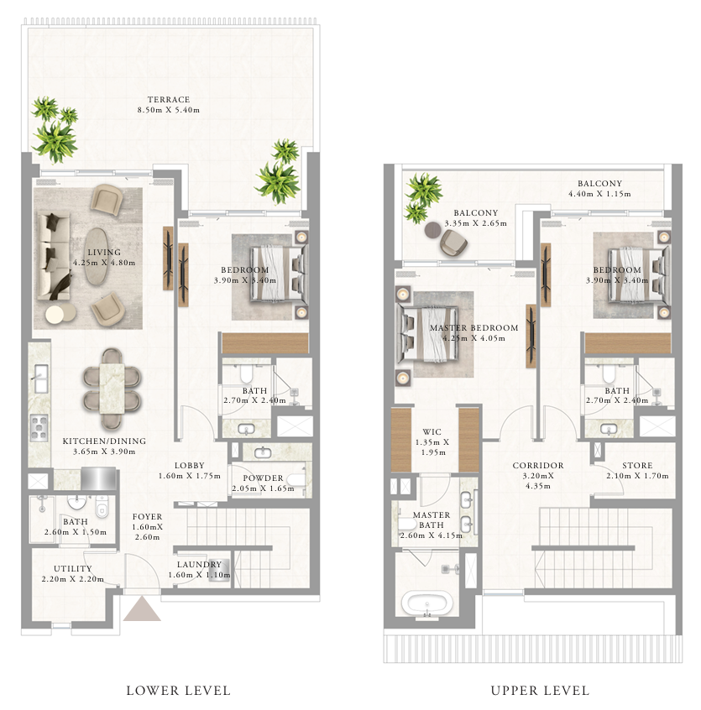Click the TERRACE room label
point(169,100)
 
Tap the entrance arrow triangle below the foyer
point(142,609)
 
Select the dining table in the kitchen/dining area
point(112,389)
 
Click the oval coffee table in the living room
point(97,256)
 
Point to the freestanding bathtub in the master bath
point(426,603)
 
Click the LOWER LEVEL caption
point(179,691)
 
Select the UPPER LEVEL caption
point(541,691)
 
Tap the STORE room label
point(637,466)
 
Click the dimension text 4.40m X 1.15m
point(599,194)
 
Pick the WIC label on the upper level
point(432,432)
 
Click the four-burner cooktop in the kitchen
point(39,427)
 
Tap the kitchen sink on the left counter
point(41,378)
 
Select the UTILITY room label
point(72,569)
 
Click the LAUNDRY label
point(199,565)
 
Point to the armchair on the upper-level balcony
point(453,242)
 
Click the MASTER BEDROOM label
point(473,328)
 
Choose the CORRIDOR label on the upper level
point(538,466)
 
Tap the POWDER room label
point(263,478)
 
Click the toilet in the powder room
point(296,480)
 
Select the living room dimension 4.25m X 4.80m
point(104,263)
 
